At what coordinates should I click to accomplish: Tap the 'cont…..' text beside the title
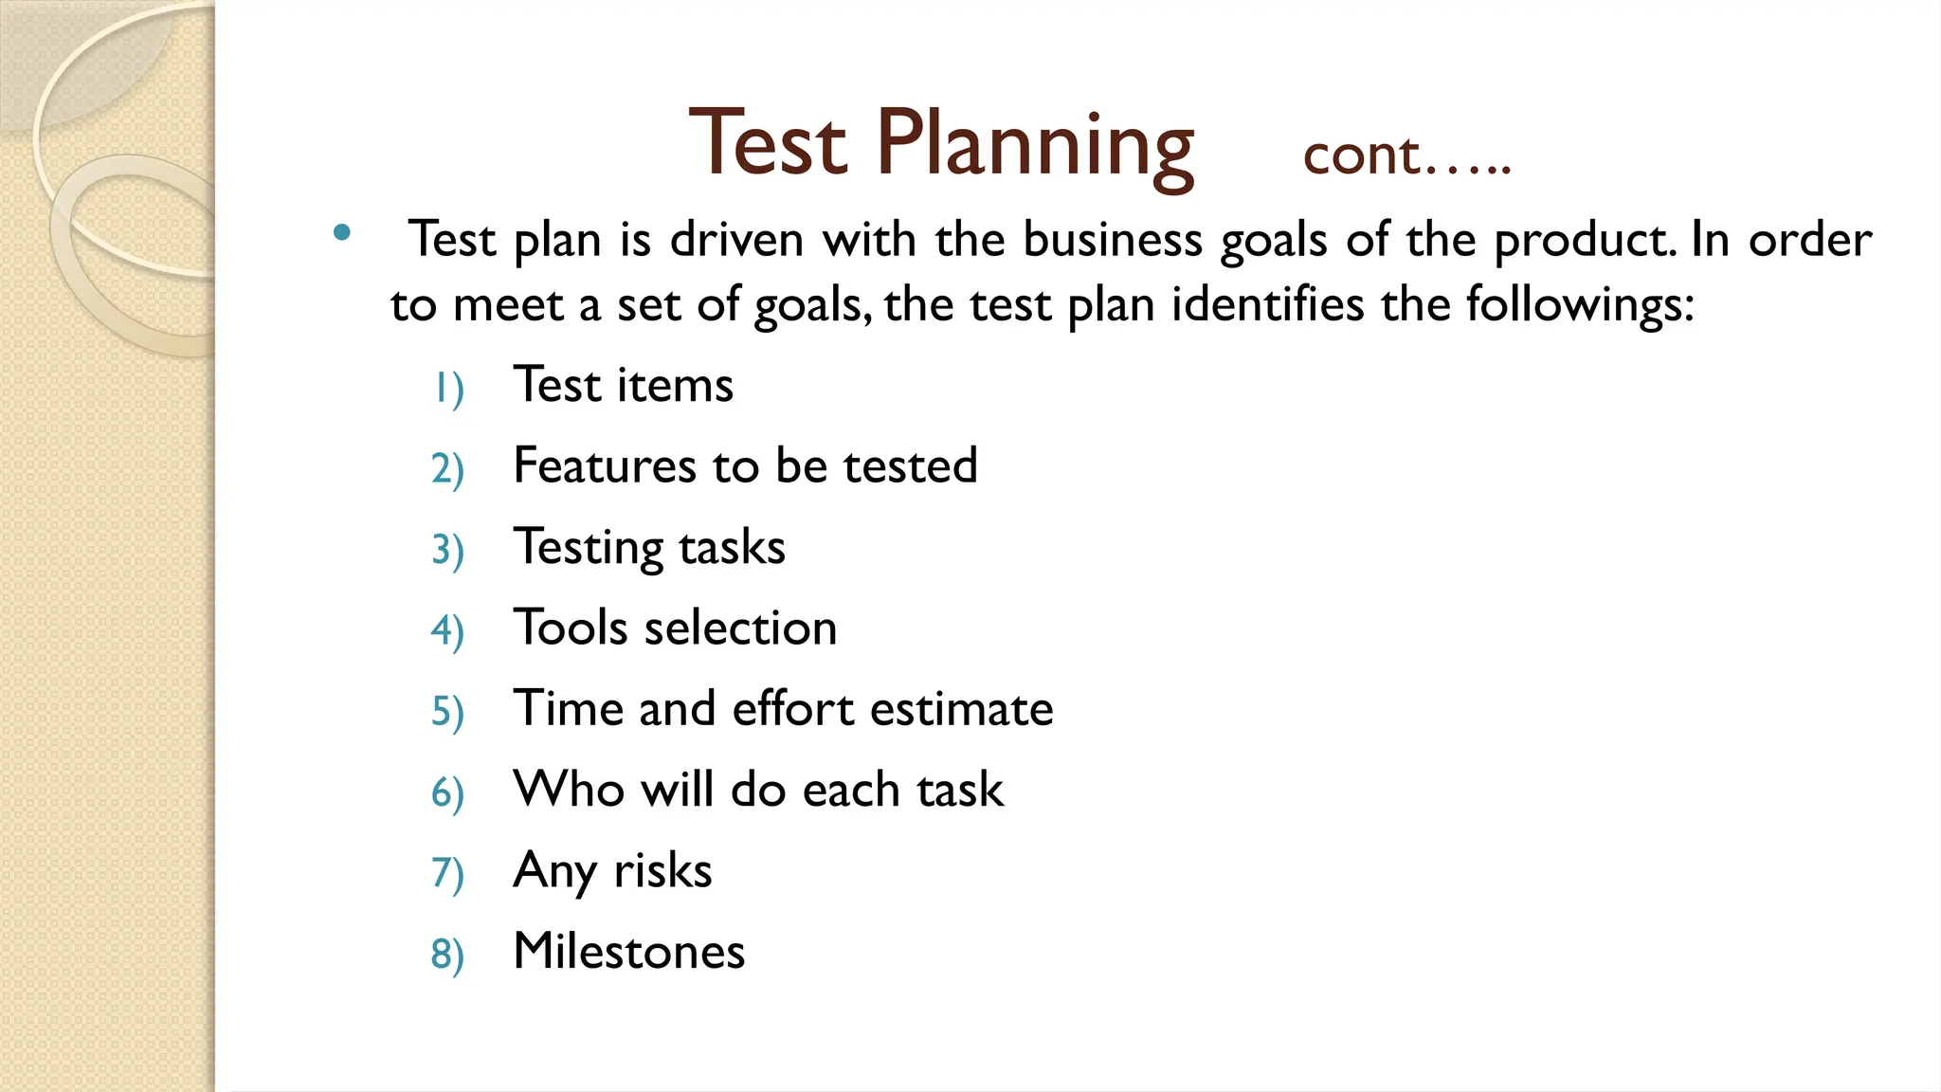pos(1406,155)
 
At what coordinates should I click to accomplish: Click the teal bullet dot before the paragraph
pos(342,232)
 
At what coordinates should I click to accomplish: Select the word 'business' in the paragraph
pos(1113,239)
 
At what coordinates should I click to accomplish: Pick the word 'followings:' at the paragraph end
pos(1580,306)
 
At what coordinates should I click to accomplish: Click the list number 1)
pos(448,388)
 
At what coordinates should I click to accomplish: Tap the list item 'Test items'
pos(623,385)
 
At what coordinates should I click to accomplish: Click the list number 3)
pos(447,550)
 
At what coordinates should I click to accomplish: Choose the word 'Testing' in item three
pos(588,548)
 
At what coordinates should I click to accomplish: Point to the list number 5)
pos(447,711)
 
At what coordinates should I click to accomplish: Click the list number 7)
pos(447,873)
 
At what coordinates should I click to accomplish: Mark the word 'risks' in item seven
pos(662,870)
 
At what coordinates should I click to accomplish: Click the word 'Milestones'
pos(629,951)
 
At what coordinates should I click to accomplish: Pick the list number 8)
pos(447,954)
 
